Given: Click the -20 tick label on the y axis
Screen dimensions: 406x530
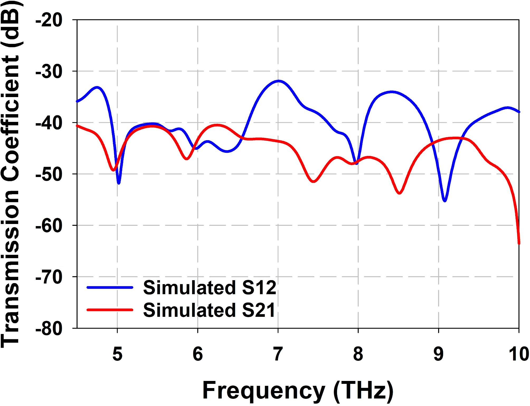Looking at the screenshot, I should (x=49, y=20).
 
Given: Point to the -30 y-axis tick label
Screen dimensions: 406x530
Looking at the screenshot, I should (x=49, y=72).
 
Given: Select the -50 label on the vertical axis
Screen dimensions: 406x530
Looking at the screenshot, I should (x=49, y=174).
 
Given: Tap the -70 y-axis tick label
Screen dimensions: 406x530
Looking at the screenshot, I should (x=49, y=277).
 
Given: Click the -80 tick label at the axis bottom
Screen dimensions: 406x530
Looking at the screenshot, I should (x=49, y=329).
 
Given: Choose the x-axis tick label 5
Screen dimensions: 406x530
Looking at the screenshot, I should (x=117, y=354).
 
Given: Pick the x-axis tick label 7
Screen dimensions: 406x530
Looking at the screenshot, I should (x=278, y=354).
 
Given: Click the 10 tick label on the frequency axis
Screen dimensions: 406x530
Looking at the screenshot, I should (x=518, y=354).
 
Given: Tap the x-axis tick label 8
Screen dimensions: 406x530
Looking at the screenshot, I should (x=358, y=354).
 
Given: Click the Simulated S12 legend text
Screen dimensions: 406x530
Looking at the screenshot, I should (x=210, y=288).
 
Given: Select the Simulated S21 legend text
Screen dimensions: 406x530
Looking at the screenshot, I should (x=210, y=310).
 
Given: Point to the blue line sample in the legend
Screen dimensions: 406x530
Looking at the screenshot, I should (x=110, y=287).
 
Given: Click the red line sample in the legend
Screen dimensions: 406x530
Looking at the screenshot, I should (x=110, y=310).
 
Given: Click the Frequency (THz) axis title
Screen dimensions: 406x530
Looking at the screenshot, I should (x=298, y=391).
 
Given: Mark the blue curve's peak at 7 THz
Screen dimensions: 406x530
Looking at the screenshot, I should (x=278, y=81).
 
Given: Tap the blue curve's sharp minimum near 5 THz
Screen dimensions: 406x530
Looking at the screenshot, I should (x=119, y=183).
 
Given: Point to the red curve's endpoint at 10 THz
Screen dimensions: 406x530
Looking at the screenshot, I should (x=519, y=243).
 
